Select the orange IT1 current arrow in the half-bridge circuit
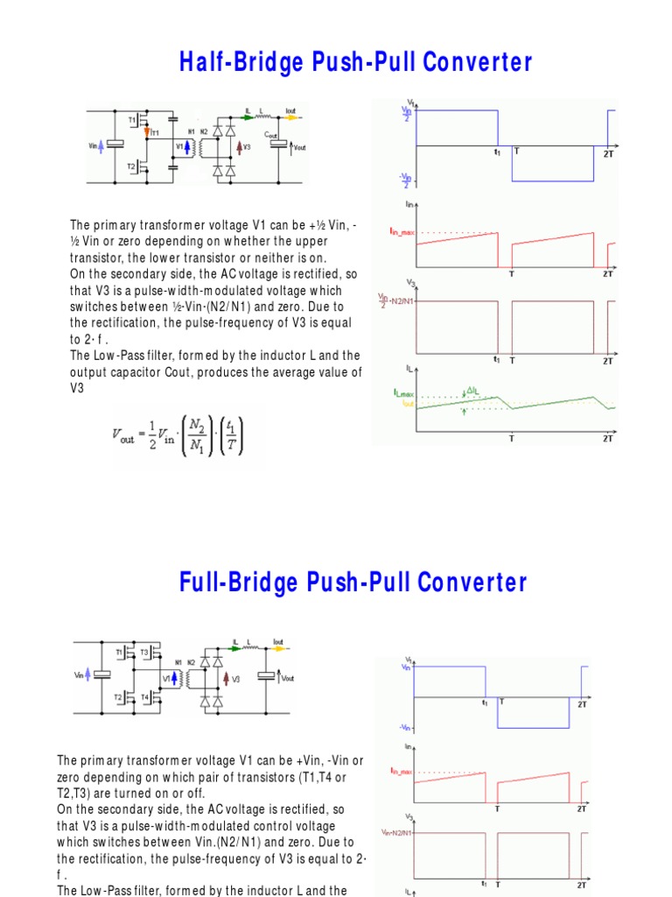pyautogui.click(x=148, y=131)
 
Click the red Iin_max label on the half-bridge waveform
pyautogui.click(x=402, y=231)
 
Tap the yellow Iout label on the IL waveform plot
pyautogui.click(x=407, y=404)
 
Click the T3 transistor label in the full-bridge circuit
pyautogui.click(x=144, y=653)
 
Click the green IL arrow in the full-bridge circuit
pyautogui.click(x=238, y=651)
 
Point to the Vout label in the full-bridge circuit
pyautogui.click(x=288, y=678)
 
